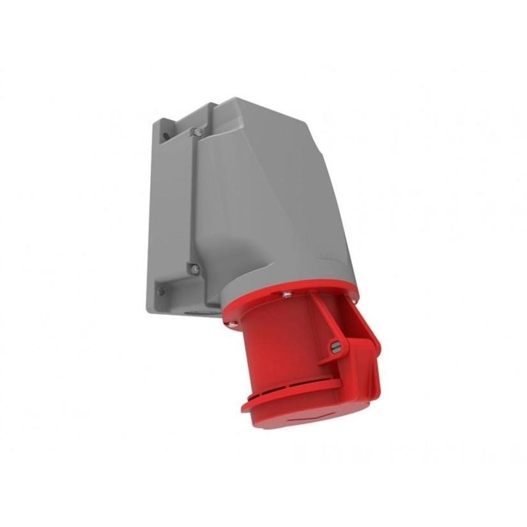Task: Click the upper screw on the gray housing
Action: coord(196,132)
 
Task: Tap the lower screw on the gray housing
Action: coord(194,268)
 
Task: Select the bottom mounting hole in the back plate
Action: coord(160,291)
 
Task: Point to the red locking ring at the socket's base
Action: coord(290,399)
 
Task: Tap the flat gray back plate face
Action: coord(168,211)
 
